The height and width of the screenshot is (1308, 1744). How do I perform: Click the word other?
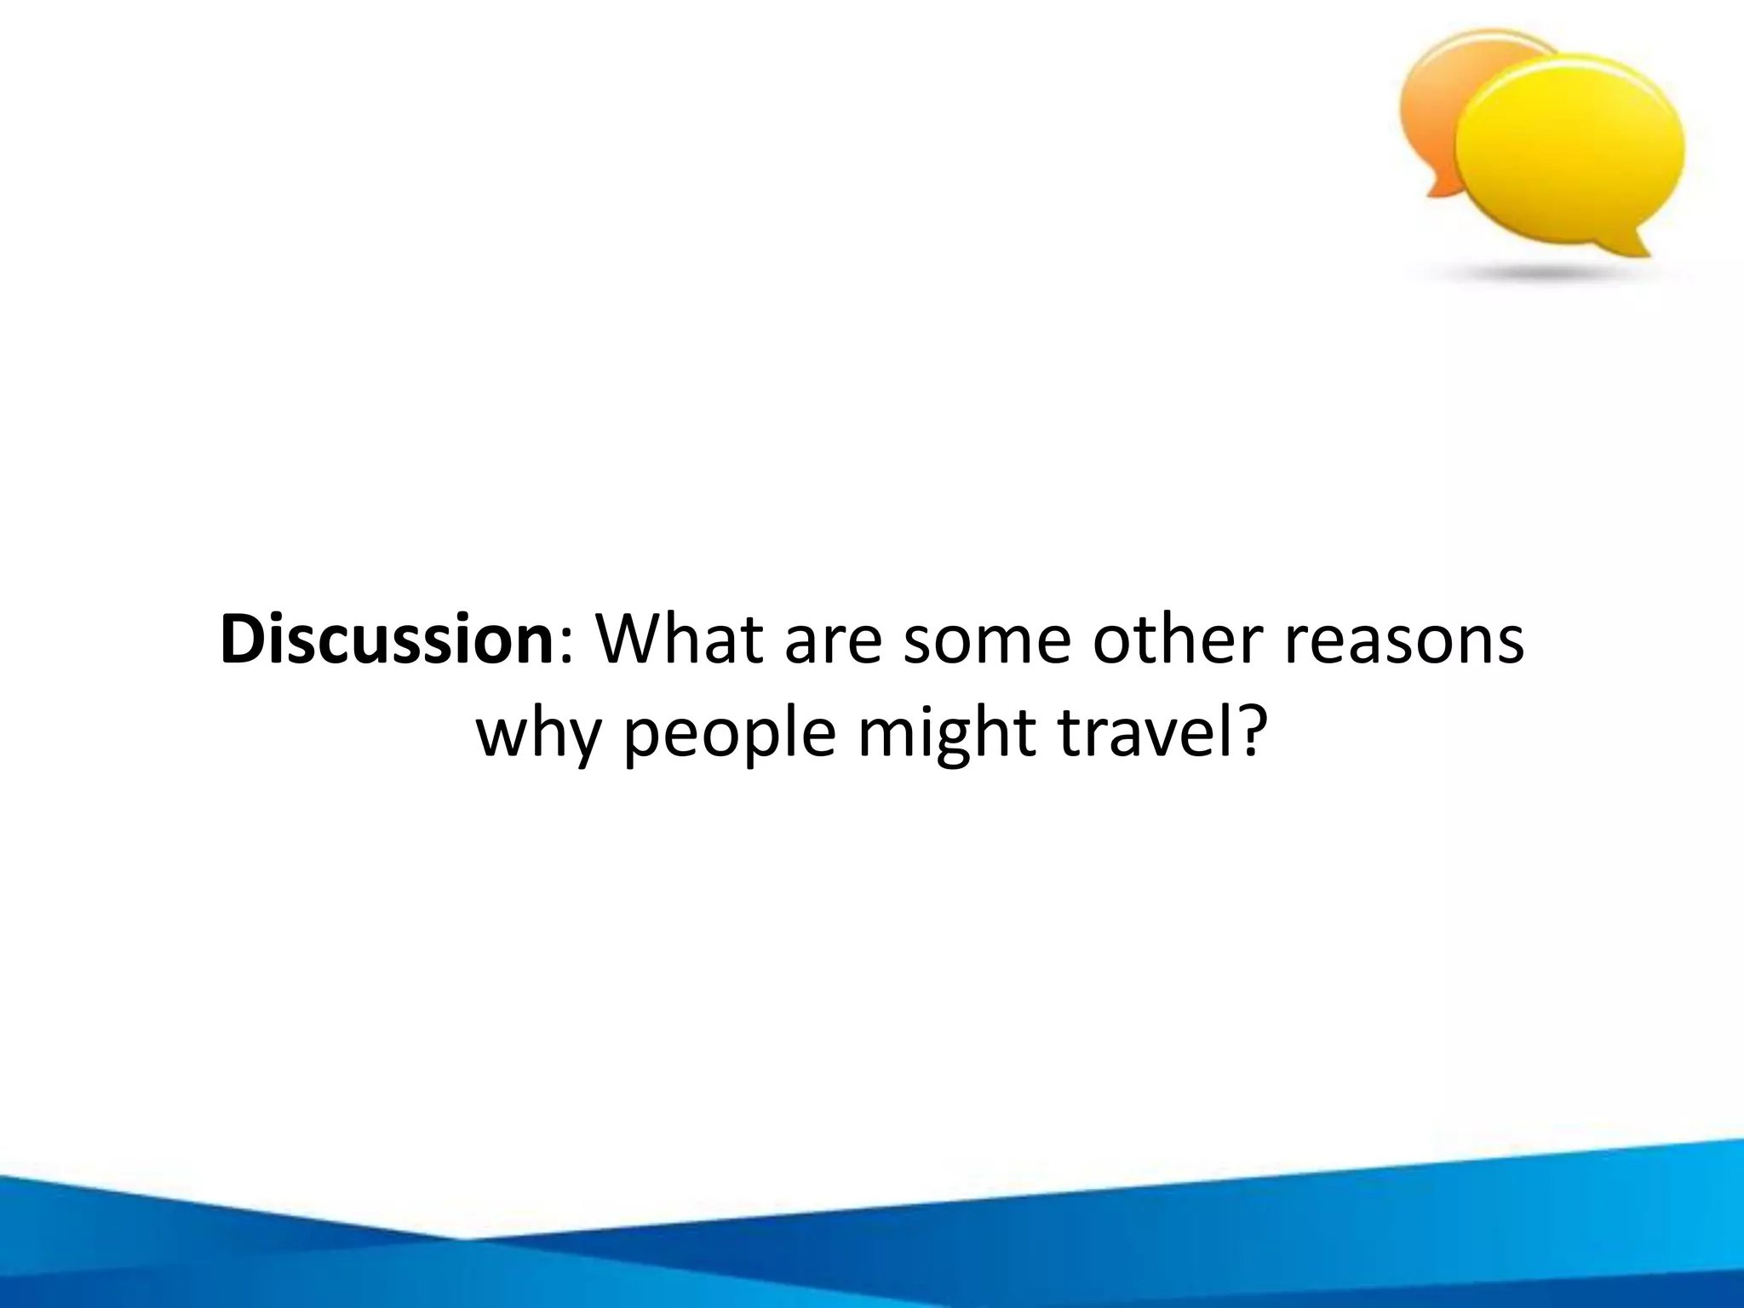click(x=1178, y=640)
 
